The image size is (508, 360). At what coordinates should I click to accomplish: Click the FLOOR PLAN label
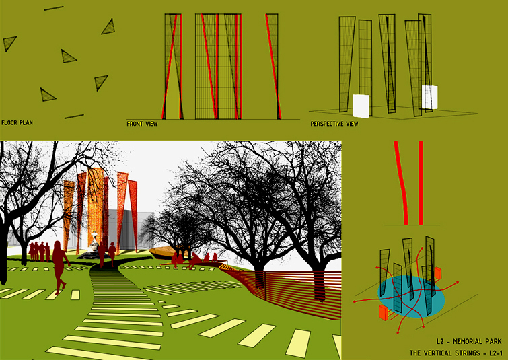[x=17, y=123]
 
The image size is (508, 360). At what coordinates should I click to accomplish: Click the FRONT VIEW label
[x=142, y=124]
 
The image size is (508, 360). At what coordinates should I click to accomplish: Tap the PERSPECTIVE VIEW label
[x=334, y=124]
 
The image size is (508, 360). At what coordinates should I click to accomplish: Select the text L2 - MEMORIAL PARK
[x=469, y=341]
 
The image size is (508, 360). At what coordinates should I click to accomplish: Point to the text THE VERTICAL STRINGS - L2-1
[x=456, y=353]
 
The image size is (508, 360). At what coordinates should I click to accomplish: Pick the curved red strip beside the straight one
[x=401, y=183]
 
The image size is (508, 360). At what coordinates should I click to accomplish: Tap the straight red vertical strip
[x=421, y=183]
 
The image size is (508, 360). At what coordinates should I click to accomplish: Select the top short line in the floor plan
[x=54, y=8]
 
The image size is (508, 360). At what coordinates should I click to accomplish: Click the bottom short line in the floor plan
[x=74, y=116]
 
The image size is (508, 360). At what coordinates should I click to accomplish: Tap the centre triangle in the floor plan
[x=68, y=57]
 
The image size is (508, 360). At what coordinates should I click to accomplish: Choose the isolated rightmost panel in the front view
[x=273, y=67]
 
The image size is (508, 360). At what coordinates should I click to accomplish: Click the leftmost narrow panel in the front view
[x=172, y=67]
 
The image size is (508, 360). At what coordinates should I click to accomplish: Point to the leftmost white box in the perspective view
[x=361, y=106]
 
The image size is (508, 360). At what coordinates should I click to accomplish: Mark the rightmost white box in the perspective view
[x=429, y=97]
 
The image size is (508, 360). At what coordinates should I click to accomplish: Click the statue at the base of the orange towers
[x=94, y=243]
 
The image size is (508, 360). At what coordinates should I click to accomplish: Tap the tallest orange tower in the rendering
[x=96, y=207]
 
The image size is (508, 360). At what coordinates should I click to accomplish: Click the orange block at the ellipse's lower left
[x=384, y=313]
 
